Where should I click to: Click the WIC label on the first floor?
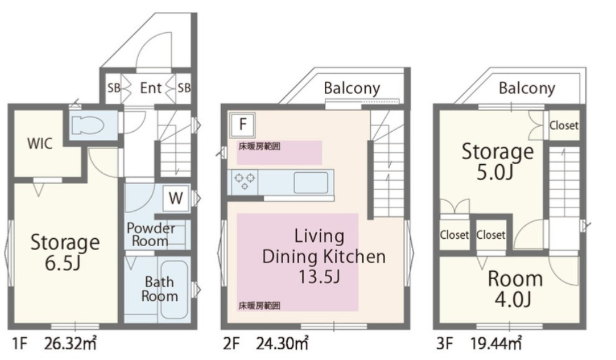click(40, 144)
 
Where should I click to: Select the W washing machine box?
click(175, 198)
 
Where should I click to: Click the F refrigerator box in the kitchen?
click(243, 124)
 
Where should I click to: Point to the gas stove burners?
click(245, 181)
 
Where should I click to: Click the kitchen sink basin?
click(310, 183)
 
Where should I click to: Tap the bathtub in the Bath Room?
click(174, 290)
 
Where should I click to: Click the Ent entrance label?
click(151, 88)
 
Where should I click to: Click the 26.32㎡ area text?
click(70, 344)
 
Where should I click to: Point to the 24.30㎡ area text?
click(282, 344)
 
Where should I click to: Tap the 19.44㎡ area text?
click(496, 344)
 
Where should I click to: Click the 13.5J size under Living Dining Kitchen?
click(319, 277)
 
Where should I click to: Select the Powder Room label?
click(151, 234)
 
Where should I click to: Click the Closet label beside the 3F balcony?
click(564, 126)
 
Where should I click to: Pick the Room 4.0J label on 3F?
click(515, 289)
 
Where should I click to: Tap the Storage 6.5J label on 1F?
click(65, 252)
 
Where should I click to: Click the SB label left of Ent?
click(113, 88)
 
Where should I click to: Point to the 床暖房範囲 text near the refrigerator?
click(259, 147)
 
